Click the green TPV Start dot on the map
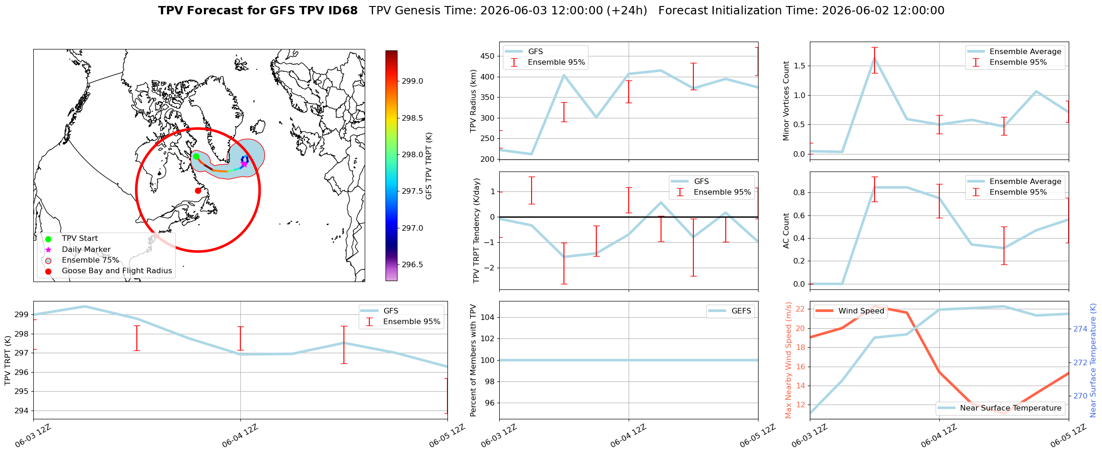196,156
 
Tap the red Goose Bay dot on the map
198,190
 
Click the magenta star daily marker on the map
244,164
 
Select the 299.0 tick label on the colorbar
412,81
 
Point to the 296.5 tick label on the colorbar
412,265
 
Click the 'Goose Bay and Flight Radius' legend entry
117,271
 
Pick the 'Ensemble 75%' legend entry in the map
91,260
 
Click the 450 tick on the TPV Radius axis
488,56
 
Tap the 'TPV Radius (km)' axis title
473,101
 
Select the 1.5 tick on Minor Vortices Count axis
799,66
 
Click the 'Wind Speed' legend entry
861,311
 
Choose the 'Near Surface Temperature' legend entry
1010,408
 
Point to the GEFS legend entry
741,311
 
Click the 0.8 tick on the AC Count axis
799,193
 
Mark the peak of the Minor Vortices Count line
875,58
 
